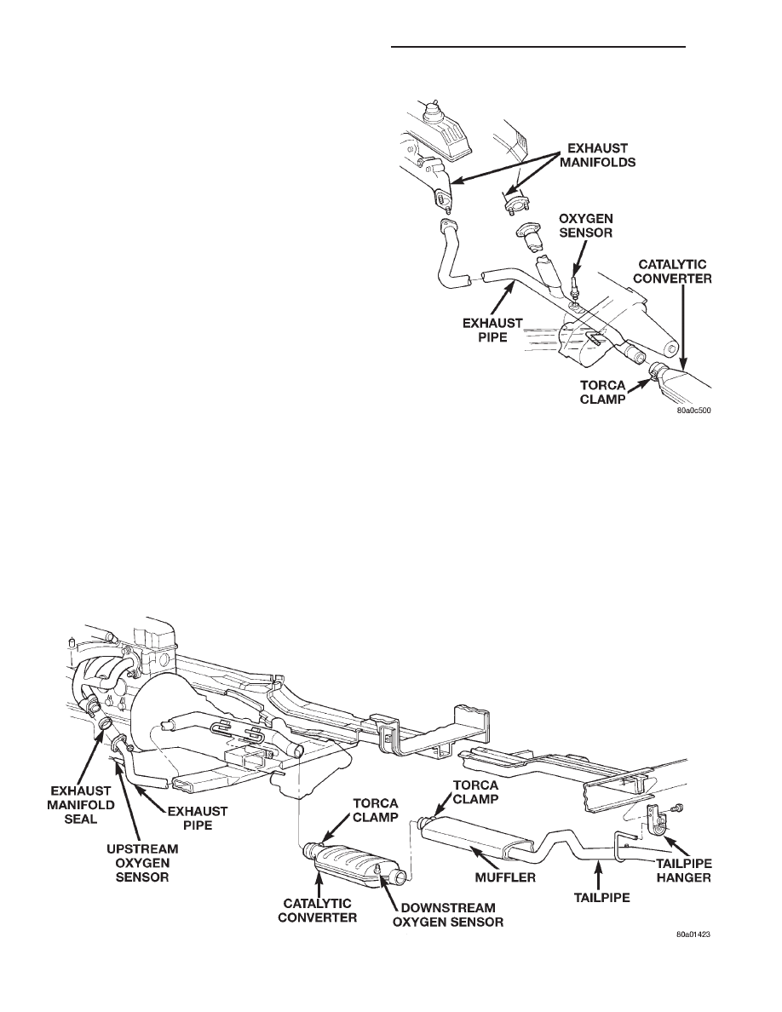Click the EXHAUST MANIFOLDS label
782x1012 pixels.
tap(597, 155)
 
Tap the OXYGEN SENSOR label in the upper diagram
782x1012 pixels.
tap(586, 225)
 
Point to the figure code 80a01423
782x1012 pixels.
tap(689, 934)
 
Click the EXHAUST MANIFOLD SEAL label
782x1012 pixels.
tap(81, 805)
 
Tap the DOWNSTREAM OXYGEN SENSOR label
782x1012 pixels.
tap(448, 914)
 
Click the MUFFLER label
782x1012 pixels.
tap(505, 877)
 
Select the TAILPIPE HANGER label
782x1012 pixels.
tap(683, 870)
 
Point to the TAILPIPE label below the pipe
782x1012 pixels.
tap(601, 897)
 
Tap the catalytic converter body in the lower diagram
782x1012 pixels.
tap(352, 861)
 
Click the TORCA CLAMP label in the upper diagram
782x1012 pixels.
tap(602, 392)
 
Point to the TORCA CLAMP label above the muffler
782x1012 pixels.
tap(475, 791)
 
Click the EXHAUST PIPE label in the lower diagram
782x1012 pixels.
tap(198, 817)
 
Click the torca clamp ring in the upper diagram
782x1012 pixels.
tap(658, 374)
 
